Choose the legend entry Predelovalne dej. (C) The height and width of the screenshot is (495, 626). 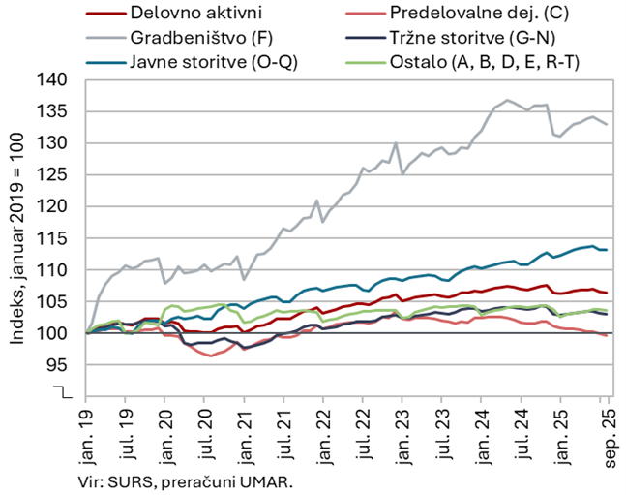click(x=487, y=14)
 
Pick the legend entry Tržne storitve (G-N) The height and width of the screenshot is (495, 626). click(x=488, y=38)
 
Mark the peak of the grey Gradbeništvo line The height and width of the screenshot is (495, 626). click(x=508, y=99)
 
